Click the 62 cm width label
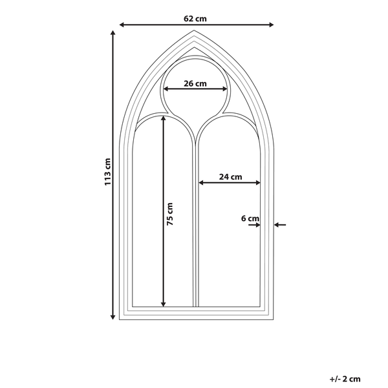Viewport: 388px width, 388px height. pos(195,19)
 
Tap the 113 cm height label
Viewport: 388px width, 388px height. pos(107,172)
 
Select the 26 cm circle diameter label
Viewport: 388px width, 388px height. pos(195,83)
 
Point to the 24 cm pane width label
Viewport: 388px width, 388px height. pos(230,177)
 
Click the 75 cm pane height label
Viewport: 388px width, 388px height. pos(170,214)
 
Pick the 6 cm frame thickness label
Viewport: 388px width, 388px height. pos(250,219)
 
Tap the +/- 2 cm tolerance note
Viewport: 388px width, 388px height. pos(345,379)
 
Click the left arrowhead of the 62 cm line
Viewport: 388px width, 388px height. pos(122,25)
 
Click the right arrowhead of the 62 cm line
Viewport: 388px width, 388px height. pos(271,25)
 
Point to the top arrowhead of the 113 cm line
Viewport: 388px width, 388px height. pos(113,33)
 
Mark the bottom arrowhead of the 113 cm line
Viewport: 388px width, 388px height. pos(113,317)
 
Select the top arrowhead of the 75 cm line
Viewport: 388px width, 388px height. pos(163,118)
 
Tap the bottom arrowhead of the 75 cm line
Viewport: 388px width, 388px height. pos(163,305)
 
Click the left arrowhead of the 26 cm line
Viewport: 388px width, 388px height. pos(166,89)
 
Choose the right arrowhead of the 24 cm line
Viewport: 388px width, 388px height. pos(258,182)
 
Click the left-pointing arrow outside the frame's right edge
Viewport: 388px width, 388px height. pos(280,224)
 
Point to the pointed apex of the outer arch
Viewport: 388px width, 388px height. pos(194,30)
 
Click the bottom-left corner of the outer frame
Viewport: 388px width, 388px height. pos(120,319)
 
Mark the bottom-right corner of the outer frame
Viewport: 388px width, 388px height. pos(274,319)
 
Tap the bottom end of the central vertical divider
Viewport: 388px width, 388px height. pos(196,307)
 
